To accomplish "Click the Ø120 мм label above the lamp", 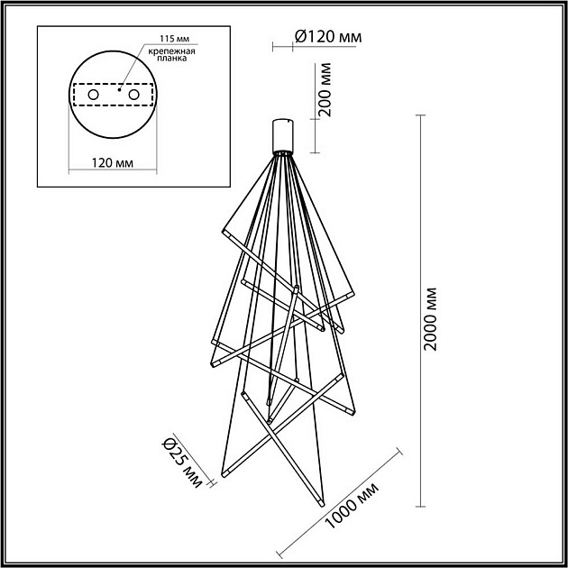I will click(x=328, y=36).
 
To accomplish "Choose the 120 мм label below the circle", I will click(x=112, y=162).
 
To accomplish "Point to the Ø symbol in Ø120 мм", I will click(x=301, y=36).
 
